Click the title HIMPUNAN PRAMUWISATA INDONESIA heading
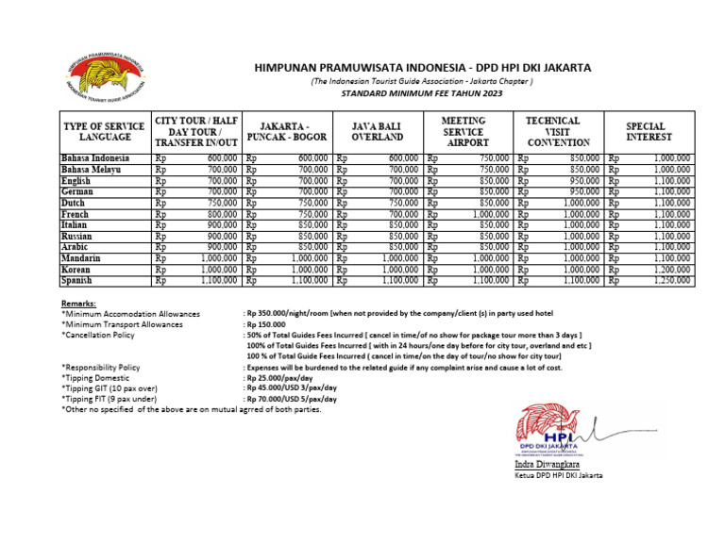click(422, 68)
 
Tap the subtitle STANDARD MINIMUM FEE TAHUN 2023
click(422, 95)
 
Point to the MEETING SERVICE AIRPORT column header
click(464, 131)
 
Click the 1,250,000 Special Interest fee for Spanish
click(671, 280)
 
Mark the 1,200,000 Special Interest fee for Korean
click(671, 269)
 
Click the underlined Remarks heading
click(78, 304)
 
